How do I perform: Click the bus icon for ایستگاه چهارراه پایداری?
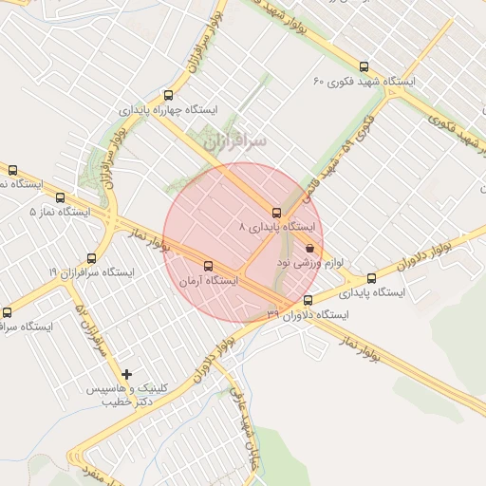tap(168, 95)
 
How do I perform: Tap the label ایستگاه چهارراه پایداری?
tap(168, 110)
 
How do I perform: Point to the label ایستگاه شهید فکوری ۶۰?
tap(364, 82)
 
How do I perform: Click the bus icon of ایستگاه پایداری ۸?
tap(276, 213)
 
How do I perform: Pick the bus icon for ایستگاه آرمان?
tap(208, 267)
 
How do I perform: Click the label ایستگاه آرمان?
tap(208, 281)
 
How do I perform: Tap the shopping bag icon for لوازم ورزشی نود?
tap(310, 248)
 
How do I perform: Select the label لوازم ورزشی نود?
tap(313, 259)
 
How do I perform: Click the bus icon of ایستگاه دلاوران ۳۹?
tap(307, 301)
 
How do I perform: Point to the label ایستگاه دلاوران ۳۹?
tap(308, 314)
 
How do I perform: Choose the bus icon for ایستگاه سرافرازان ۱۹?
tap(92, 257)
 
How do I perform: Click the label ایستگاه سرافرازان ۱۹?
tap(92, 272)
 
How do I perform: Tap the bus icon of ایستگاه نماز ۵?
tap(61, 198)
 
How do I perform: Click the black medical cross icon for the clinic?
tap(127, 375)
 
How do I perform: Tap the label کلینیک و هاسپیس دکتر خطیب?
tap(127, 396)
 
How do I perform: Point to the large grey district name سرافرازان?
tap(235, 140)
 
